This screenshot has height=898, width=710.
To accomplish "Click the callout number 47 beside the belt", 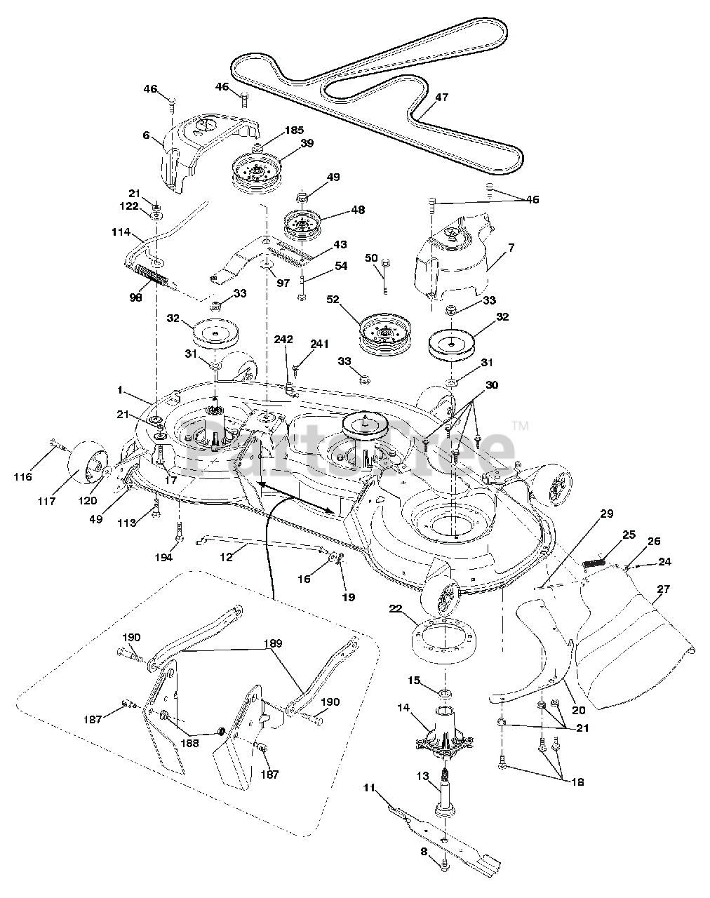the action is (x=441, y=98).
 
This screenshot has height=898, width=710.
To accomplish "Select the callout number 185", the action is (x=294, y=130).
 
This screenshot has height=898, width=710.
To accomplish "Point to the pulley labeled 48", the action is (x=302, y=225).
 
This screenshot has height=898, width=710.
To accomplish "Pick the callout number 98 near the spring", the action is (x=135, y=298).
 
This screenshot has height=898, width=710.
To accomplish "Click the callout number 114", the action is (x=121, y=232).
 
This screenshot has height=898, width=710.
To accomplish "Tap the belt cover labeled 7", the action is (x=453, y=255).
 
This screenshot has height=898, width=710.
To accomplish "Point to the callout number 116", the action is (x=23, y=476).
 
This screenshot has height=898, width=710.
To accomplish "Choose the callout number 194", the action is (x=163, y=557).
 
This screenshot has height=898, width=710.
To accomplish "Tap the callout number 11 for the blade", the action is (x=369, y=788).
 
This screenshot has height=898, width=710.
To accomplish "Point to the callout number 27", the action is (x=663, y=589).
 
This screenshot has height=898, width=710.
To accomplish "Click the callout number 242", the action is (x=283, y=340).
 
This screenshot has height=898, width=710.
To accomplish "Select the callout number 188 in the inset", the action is (x=190, y=743).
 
